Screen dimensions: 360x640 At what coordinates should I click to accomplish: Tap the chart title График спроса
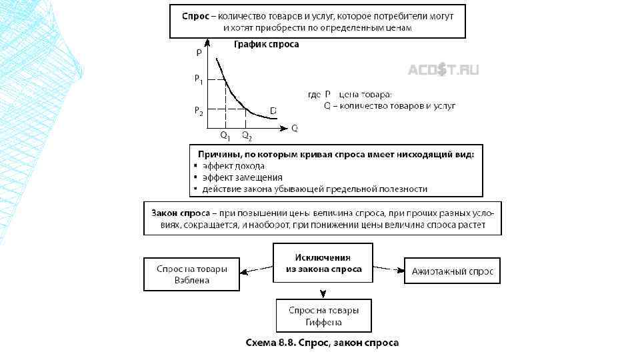[x=266, y=45]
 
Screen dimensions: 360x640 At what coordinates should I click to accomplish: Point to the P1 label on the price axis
[x=199, y=79]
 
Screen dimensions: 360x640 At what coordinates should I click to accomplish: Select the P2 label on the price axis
[x=199, y=110]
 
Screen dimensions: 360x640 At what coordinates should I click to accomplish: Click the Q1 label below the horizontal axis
[x=225, y=135]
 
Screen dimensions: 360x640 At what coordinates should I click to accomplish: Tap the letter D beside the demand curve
[x=273, y=110]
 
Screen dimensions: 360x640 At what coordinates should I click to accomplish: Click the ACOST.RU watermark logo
[x=443, y=70]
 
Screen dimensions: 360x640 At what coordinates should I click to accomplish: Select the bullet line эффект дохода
[x=233, y=166]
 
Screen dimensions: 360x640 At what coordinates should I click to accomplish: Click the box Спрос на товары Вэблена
[x=192, y=275]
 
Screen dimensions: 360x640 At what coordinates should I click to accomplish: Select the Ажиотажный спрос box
[x=452, y=271]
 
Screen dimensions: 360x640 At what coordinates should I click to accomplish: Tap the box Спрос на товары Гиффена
[x=323, y=316]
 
